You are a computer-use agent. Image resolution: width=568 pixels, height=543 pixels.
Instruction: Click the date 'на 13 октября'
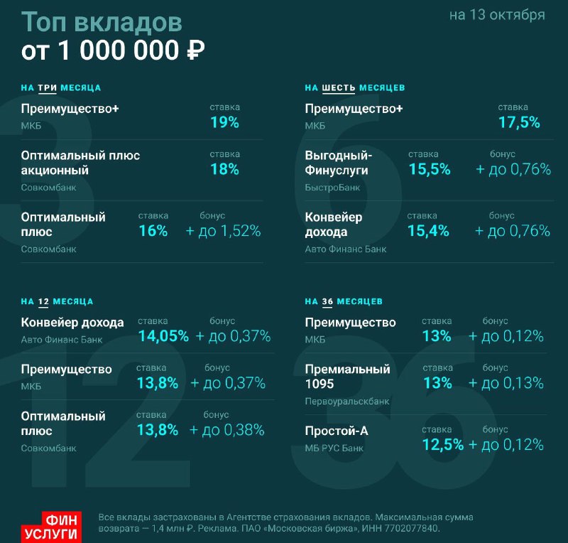tap(497, 15)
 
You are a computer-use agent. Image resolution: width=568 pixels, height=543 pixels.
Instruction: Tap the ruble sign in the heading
tap(196, 50)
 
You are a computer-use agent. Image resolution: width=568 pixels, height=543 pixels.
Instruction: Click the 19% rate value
tap(224, 122)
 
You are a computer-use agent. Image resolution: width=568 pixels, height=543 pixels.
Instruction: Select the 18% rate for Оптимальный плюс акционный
tap(224, 169)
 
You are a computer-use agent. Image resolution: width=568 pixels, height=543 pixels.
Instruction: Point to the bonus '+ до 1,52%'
tap(223, 231)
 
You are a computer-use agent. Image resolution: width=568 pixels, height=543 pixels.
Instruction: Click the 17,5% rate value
tap(519, 122)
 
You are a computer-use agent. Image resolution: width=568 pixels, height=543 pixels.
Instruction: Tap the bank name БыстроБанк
tap(332, 188)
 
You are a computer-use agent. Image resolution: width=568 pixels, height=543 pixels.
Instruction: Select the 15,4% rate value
tap(428, 231)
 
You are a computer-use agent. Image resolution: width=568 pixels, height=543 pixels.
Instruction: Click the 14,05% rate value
tap(163, 336)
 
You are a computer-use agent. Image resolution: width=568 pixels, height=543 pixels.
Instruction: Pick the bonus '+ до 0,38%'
tap(226, 430)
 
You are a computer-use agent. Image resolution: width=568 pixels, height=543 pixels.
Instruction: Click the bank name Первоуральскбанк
tap(347, 401)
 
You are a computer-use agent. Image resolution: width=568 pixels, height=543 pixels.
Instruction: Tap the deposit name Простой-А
tap(337, 431)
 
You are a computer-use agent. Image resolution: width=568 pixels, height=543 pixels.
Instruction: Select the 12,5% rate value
tap(442, 445)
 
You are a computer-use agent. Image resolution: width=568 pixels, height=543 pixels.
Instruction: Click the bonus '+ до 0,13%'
tap(506, 383)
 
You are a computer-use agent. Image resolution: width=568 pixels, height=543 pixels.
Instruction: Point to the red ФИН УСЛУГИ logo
tap(51, 527)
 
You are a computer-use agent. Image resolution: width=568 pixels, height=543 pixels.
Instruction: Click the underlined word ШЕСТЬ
tap(339, 88)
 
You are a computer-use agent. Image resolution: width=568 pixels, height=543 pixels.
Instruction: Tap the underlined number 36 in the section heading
tap(327, 301)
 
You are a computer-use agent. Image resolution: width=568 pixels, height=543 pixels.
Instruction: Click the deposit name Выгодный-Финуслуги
tap(339, 163)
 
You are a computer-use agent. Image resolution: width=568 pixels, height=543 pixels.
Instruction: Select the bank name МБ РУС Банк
tap(334, 448)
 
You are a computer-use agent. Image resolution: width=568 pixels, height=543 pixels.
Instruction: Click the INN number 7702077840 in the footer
tap(413, 529)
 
